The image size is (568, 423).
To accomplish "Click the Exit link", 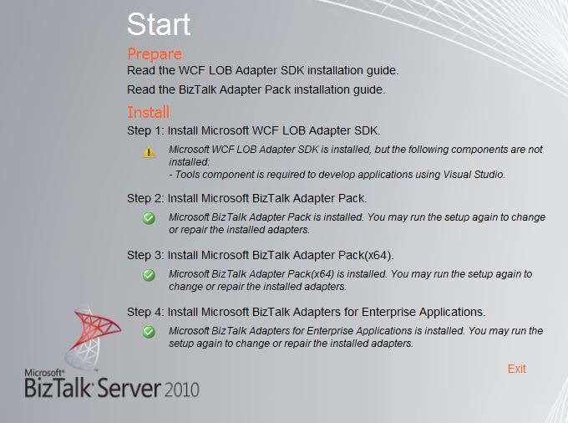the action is coord(516,369).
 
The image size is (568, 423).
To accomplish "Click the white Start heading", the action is coord(159,24).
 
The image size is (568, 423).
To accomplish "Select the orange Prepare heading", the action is coord(155,54).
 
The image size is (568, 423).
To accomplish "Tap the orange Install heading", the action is coord(148,112).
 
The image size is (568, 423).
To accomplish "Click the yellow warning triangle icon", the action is coord(149,151).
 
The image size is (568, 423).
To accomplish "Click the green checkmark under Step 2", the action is coord(149,218).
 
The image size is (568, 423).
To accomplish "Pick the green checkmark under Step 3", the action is coord(149,275).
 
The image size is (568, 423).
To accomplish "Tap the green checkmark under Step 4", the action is coord(149,332).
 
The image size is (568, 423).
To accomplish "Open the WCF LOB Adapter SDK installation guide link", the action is coord(262,70).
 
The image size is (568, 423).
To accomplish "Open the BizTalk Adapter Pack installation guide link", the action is coord(256,89).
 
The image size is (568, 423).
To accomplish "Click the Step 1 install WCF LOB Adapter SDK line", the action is coord(254,130).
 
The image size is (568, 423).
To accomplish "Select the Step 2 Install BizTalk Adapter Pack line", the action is coord(247,198).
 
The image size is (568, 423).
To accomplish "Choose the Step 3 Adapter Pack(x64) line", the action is coord(260,255).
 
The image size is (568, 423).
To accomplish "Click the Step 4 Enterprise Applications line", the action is coord(306,312).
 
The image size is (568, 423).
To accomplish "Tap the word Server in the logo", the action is coord(129,388).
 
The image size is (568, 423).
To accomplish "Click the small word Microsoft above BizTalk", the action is coord(44,373).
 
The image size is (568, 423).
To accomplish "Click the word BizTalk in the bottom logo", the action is coord(58,388).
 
